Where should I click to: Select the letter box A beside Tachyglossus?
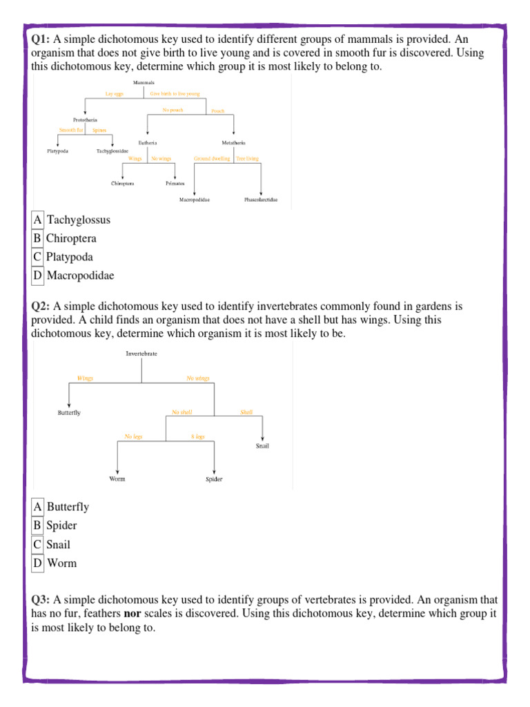(37, 220)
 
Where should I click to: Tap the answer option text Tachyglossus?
(79, 220)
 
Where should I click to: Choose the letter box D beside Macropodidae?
(37, 275)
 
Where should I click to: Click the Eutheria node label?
(148, 143)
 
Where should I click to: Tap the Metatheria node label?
(234, 143)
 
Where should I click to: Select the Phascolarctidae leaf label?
(261, 200)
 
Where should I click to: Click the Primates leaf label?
(175, 184)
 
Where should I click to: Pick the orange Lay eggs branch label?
(114, 94)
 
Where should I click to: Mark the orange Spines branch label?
(99, 129)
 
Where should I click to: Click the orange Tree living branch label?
(247, 158)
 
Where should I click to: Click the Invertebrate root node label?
(141, 353)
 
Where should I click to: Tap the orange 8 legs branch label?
(197, 436)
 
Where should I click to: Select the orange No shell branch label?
(181, 412)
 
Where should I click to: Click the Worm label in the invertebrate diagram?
(117, 478)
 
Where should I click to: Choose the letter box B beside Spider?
(37, 525)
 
